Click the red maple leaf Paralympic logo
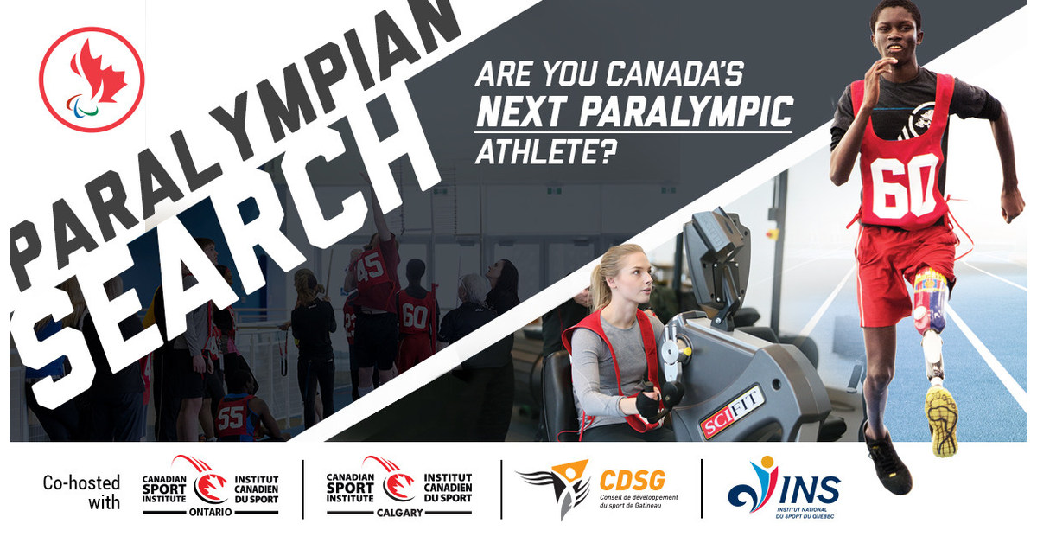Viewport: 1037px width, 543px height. pos(91,79)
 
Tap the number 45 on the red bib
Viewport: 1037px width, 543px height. pos(371,265)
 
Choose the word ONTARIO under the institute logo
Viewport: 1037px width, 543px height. pos(211,513)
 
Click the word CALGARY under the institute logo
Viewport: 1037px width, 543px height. pos(398,513)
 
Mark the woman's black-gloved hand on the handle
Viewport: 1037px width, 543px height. pos(650,399)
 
